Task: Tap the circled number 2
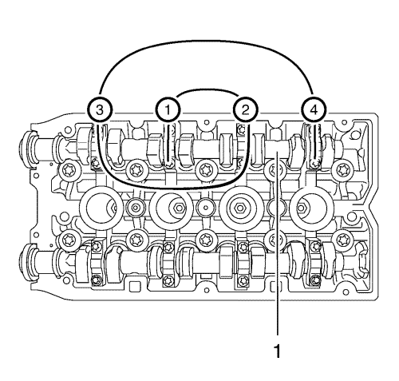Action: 244,108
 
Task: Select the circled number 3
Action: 98,108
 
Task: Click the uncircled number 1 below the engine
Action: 278,349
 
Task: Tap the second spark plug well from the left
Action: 171,210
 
